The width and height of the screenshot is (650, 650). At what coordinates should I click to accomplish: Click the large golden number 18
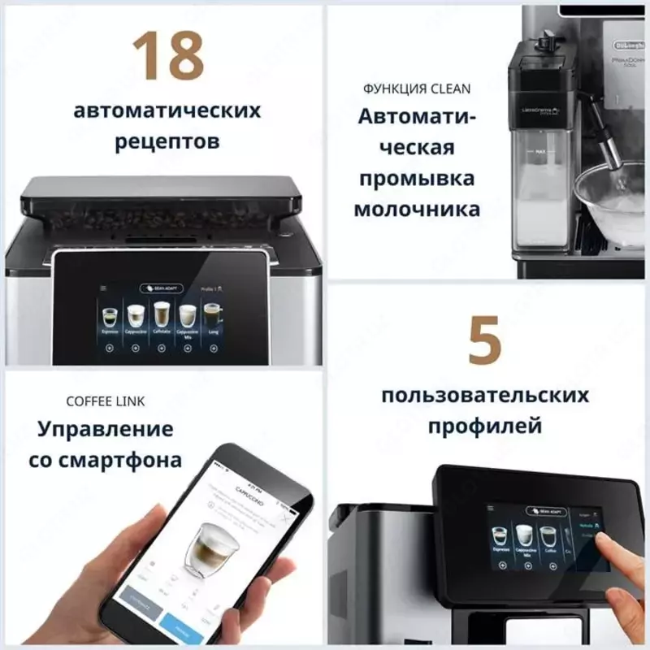(167, 57)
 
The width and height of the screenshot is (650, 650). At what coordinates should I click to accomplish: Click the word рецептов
(167, 141)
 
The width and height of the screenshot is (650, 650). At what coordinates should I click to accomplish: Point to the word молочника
(417, 209)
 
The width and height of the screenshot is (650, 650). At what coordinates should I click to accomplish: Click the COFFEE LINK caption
(105, 401)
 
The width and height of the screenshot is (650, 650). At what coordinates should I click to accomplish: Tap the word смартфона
(119, 461)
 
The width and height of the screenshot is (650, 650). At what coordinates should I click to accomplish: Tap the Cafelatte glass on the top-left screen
(162, 317)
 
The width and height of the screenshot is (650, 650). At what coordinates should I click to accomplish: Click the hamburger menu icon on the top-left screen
(103, 288)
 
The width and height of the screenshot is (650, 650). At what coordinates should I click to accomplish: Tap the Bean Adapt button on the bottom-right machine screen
(545, 511)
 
